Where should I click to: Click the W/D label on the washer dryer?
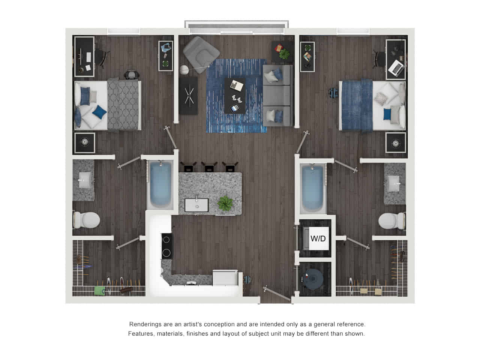(x=318, y=238)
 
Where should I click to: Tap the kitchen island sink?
(x=196, y=205)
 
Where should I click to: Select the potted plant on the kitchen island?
(x=225, y=204)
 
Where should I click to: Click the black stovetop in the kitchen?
(x=166, y=246)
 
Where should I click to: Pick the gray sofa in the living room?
(x=277, y=95)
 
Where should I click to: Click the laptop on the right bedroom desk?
(x=396, y=67)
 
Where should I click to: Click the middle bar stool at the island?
(x=209, y=167)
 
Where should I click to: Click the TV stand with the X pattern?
(x=188, y=96)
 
